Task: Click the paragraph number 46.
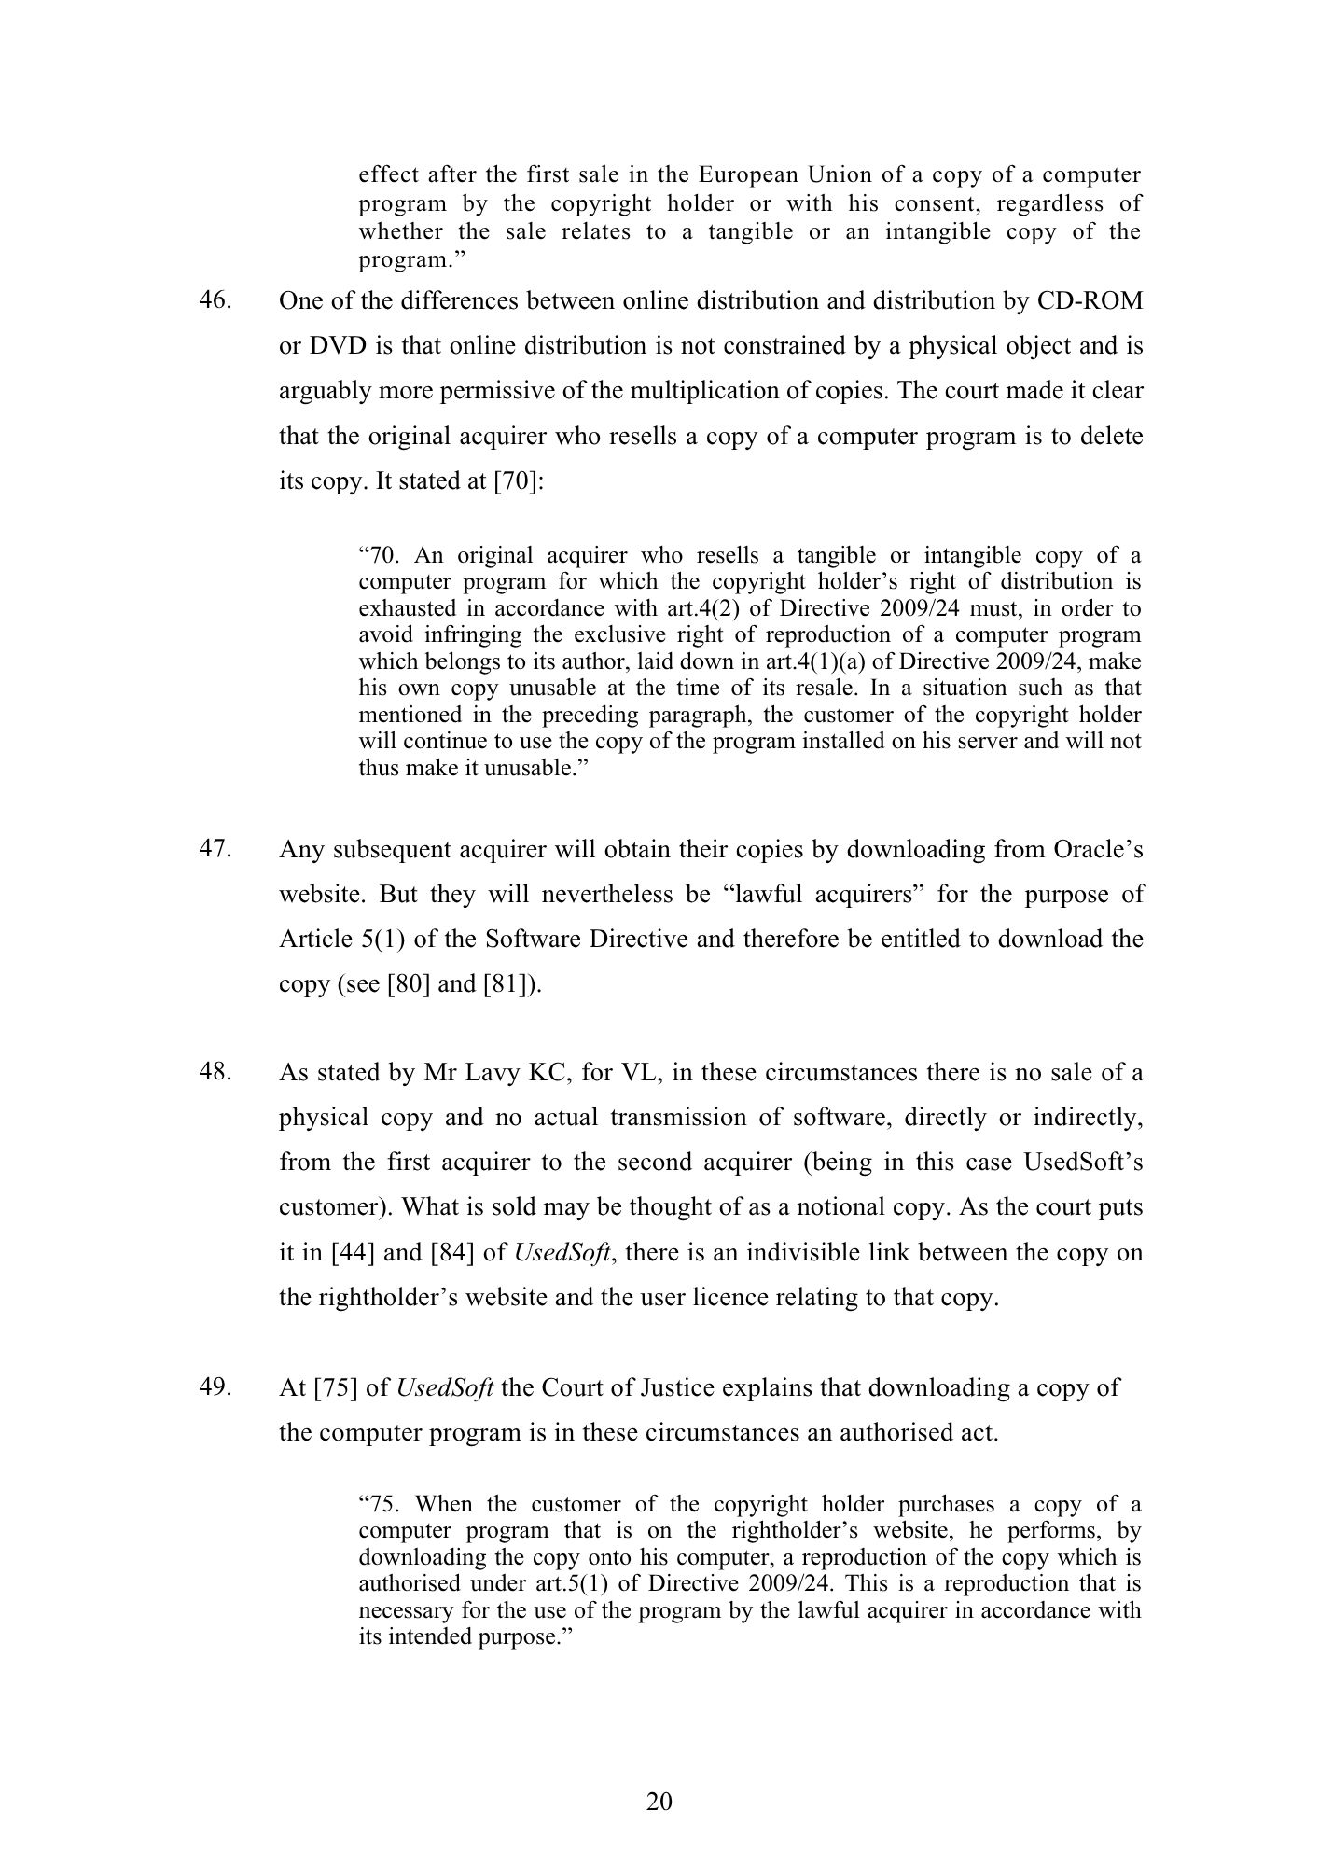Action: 214,300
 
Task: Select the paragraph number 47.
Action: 214,849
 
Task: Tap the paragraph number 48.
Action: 214,1071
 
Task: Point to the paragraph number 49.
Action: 214,1387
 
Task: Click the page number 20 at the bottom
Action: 659,1802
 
